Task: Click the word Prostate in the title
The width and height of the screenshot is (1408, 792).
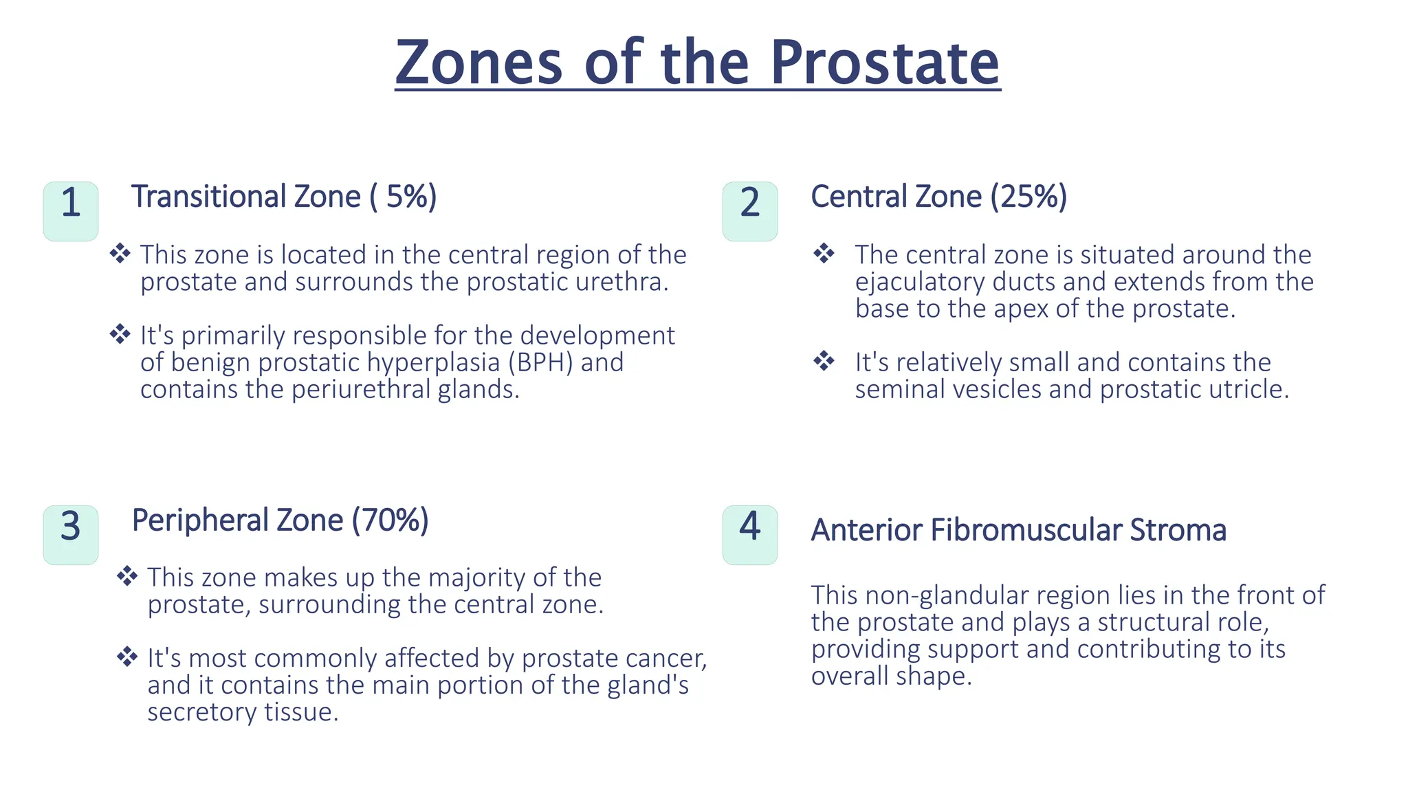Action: pyautogui.click(x=884, y=63)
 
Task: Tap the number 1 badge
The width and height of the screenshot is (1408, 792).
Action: pyautogui.click(x=71, y=210)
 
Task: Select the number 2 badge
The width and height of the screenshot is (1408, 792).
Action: pyautogui.click(x=750, y=210)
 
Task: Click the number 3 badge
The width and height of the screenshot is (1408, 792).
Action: pyautogui.click(x=71, y=534)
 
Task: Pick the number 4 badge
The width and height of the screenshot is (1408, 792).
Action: pyautogui.click(x=750, y=534)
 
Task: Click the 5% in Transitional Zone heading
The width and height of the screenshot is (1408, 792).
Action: pyautogui.click(x=407, y=197)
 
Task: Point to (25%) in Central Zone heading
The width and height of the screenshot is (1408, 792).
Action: pyautogui.click(x=1028, y=197)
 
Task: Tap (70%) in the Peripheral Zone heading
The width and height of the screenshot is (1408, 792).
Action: pyautogui.click(x=390, y=520)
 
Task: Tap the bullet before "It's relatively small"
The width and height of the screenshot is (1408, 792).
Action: pyautogui.click(x=824, y=360)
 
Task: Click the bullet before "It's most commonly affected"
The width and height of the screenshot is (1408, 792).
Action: pyautogui.click(x=127, y=656)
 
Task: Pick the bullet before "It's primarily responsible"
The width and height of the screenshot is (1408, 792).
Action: pyautogui.click(x=120, y=333)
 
